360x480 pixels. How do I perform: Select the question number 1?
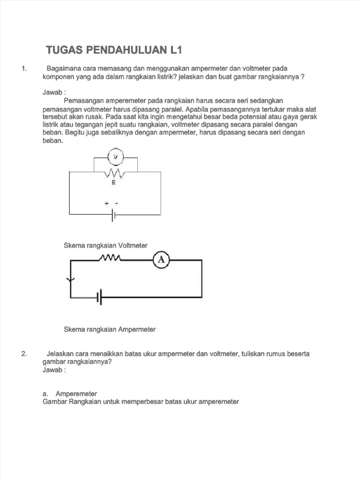point(24,69)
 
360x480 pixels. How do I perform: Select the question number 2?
point(24,354)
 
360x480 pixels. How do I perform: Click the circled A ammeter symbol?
point(161,261)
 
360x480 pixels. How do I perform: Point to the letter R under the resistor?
point(113,183)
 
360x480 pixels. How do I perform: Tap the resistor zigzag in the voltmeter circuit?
point(114,173)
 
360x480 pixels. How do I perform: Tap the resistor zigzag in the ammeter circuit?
point(110,258)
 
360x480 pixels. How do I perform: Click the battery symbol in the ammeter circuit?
point(99,297)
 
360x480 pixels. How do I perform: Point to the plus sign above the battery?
point(107,204)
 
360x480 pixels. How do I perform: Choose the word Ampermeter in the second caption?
point(136,330)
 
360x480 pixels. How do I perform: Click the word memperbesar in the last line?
point(143,402)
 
